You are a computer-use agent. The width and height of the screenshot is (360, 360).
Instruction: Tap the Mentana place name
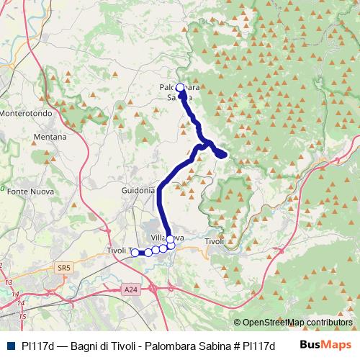click(x=50, y=137)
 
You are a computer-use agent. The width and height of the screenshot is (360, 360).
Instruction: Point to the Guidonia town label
click(x=138, y=190)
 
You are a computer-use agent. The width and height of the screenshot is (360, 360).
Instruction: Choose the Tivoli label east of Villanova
click(x=215, y=242)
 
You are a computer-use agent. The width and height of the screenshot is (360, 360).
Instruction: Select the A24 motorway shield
click(x=130, y=289)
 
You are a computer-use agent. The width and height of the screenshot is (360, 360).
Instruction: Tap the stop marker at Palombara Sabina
click(x=180, y=89)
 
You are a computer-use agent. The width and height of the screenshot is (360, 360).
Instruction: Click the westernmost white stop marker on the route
click(x=135, y=252)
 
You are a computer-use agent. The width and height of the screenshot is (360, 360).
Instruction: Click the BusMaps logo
click(x=326, y=345)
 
